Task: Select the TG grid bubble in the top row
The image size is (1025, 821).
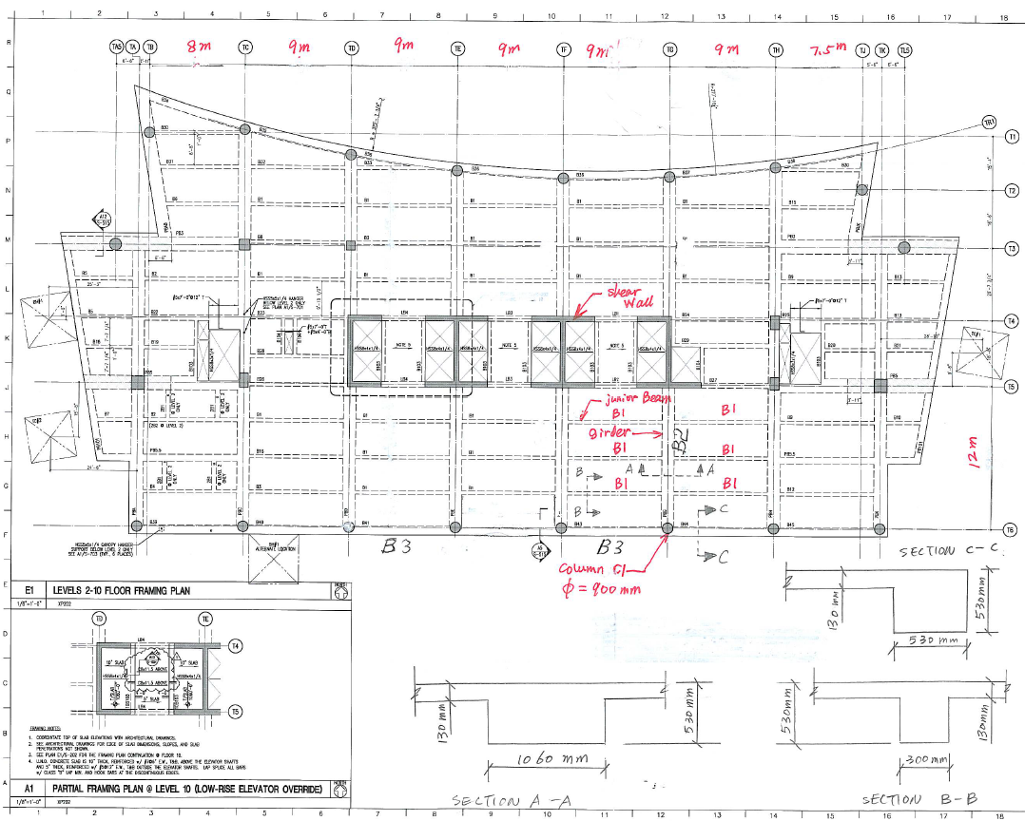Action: coord(670,48)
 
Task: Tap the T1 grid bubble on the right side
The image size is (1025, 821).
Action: coord(1012,137)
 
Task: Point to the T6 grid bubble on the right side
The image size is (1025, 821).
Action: coord(1010,528)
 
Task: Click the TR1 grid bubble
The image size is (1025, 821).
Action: coord(988,122)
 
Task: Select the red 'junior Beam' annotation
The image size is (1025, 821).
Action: coord(638,400)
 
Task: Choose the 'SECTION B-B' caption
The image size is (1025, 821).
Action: coord(904,799)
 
